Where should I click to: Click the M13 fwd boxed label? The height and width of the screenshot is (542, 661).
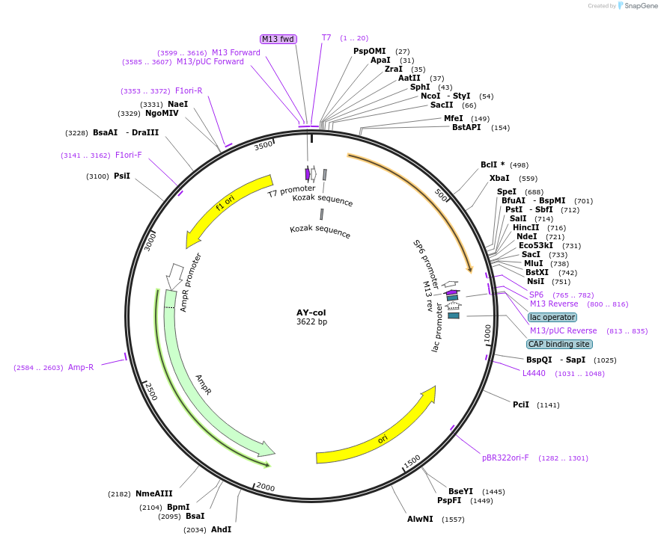click(x=278, y=39)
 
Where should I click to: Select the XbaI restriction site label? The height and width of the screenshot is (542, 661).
click(x=499, y=179)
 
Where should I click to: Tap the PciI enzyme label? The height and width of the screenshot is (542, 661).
click(x=521, y=404)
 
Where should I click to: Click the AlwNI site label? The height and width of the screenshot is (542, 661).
click(x=420, y=519)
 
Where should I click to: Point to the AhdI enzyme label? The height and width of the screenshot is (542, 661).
click(x=221, y=529)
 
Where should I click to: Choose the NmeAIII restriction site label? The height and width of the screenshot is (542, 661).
click(x=153, y=493)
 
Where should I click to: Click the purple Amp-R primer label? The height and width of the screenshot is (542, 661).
click(x=81, y=367)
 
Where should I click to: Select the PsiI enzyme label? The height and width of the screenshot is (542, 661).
click(x=122, y=176)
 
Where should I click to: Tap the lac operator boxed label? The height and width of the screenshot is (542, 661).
click(x=552, y=317)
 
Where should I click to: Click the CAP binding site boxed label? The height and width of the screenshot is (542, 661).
click(x=558, y=344)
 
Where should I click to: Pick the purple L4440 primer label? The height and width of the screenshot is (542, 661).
click(x=534, y=373)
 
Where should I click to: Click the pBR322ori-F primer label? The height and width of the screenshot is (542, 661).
click(x=505, y=458)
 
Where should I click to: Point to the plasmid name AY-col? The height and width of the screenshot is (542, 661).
click(x=311, y=312)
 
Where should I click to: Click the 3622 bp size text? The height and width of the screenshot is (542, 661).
click(x=311, y=322)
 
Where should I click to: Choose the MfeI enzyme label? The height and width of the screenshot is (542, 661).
click(x=453, y=118)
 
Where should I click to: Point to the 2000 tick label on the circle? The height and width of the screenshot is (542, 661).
click(x=266, y=487)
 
